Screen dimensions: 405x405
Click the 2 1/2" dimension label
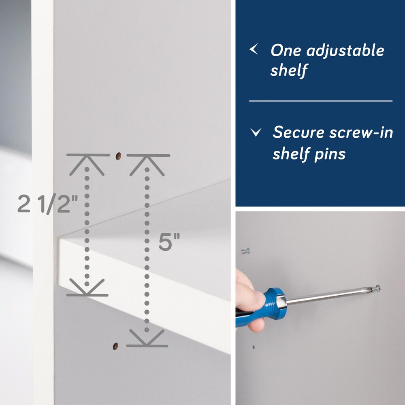[47, 204]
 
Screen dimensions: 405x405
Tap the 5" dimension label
[169, 243]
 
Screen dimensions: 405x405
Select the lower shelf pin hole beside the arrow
[115, 345]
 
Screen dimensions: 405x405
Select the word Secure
[299, 133]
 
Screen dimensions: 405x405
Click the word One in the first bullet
[286, 51]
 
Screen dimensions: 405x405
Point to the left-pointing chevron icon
[254, 50]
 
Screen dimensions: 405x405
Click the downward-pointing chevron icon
[256, 132]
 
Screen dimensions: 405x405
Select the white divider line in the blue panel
[320, 101]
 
